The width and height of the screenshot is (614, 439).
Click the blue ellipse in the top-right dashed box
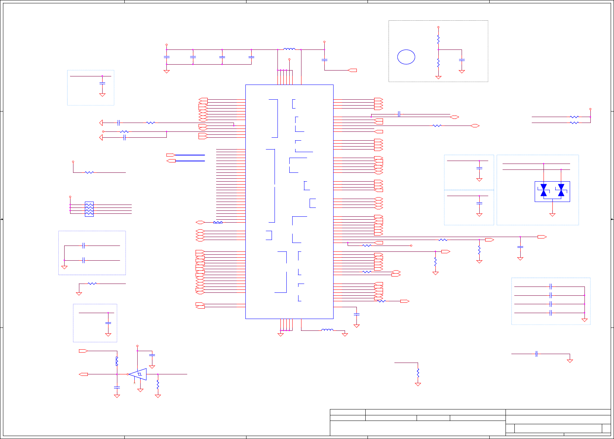pos(406,57)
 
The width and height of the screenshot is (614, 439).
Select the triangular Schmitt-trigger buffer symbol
pos(138,374)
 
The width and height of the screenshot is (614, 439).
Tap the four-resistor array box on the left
pos(89,209)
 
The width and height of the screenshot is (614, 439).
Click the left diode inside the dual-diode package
pos(543,190)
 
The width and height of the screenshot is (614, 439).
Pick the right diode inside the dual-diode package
pos(561,190)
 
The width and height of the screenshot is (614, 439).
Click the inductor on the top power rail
pos(289,49)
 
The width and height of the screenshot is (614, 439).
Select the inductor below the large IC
pos(327,330)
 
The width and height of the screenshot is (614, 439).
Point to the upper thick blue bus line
pos(190,155)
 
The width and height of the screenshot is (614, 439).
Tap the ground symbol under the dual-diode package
pos(552,215)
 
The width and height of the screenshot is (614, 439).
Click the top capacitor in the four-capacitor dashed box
pos(550,287)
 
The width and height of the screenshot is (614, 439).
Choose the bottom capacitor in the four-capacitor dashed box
pos(550,313)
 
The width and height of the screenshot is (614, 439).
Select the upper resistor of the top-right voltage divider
pos(438,39)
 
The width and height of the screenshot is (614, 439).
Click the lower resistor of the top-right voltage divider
pos(438,63)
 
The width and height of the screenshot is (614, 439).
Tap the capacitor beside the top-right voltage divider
pos(462,60)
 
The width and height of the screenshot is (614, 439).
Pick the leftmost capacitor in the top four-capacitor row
pos(166,57)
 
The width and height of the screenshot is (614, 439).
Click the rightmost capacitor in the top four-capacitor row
pos(251,57)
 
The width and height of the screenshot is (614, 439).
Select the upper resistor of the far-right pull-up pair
pos(574,117)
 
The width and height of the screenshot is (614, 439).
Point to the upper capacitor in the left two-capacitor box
pos(84,246)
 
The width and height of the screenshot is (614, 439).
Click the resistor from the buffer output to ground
pos(158,384)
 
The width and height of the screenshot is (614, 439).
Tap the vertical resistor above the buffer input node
pos(117,361)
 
